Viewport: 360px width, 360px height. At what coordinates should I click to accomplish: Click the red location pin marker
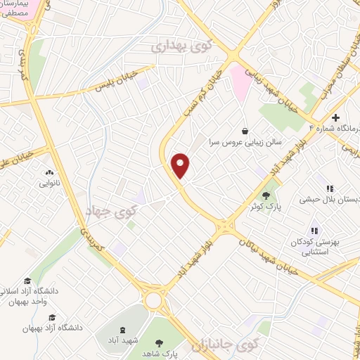[181, 165]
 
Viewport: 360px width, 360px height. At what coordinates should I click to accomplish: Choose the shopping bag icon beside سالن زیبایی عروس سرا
[244, 131]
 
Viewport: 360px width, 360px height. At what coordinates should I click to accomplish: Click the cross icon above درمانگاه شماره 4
[336, 117]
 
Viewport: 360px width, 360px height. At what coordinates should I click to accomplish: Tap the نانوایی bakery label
[49, 183]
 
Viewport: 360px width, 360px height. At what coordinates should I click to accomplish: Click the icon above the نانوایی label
[49, 172]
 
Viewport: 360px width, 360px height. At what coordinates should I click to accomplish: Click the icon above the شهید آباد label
[124, 330]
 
